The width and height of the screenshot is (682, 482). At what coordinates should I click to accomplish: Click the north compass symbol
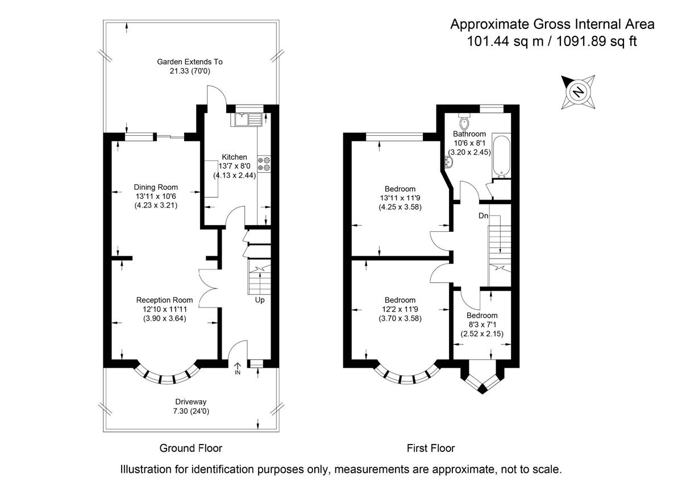coord(579,92)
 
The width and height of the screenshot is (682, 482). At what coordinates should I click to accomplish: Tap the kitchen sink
coord(246,119)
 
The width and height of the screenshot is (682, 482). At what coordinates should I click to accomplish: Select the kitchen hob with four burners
coord(264,164)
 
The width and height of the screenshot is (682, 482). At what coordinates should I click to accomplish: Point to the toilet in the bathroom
coord(464,121)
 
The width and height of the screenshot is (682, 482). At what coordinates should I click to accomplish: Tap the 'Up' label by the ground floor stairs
coord(259,300)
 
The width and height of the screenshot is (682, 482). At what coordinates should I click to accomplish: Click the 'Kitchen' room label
coord(234,157)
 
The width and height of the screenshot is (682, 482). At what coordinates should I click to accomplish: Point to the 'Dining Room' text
coord(156,187)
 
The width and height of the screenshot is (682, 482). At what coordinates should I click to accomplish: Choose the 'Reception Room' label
coord(164,300)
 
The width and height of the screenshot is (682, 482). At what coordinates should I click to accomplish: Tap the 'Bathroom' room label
coord(469,134)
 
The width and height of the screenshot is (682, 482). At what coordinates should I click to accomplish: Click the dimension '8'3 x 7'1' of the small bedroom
coord(481,325)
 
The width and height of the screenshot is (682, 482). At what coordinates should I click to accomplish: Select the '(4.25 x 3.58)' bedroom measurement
coord(400,207)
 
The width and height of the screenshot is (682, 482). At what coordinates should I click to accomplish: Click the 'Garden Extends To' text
coord(190,61)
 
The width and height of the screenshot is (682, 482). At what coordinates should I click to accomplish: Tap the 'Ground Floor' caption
coord(190,448)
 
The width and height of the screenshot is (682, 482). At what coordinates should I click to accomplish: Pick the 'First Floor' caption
coord(431,448)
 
